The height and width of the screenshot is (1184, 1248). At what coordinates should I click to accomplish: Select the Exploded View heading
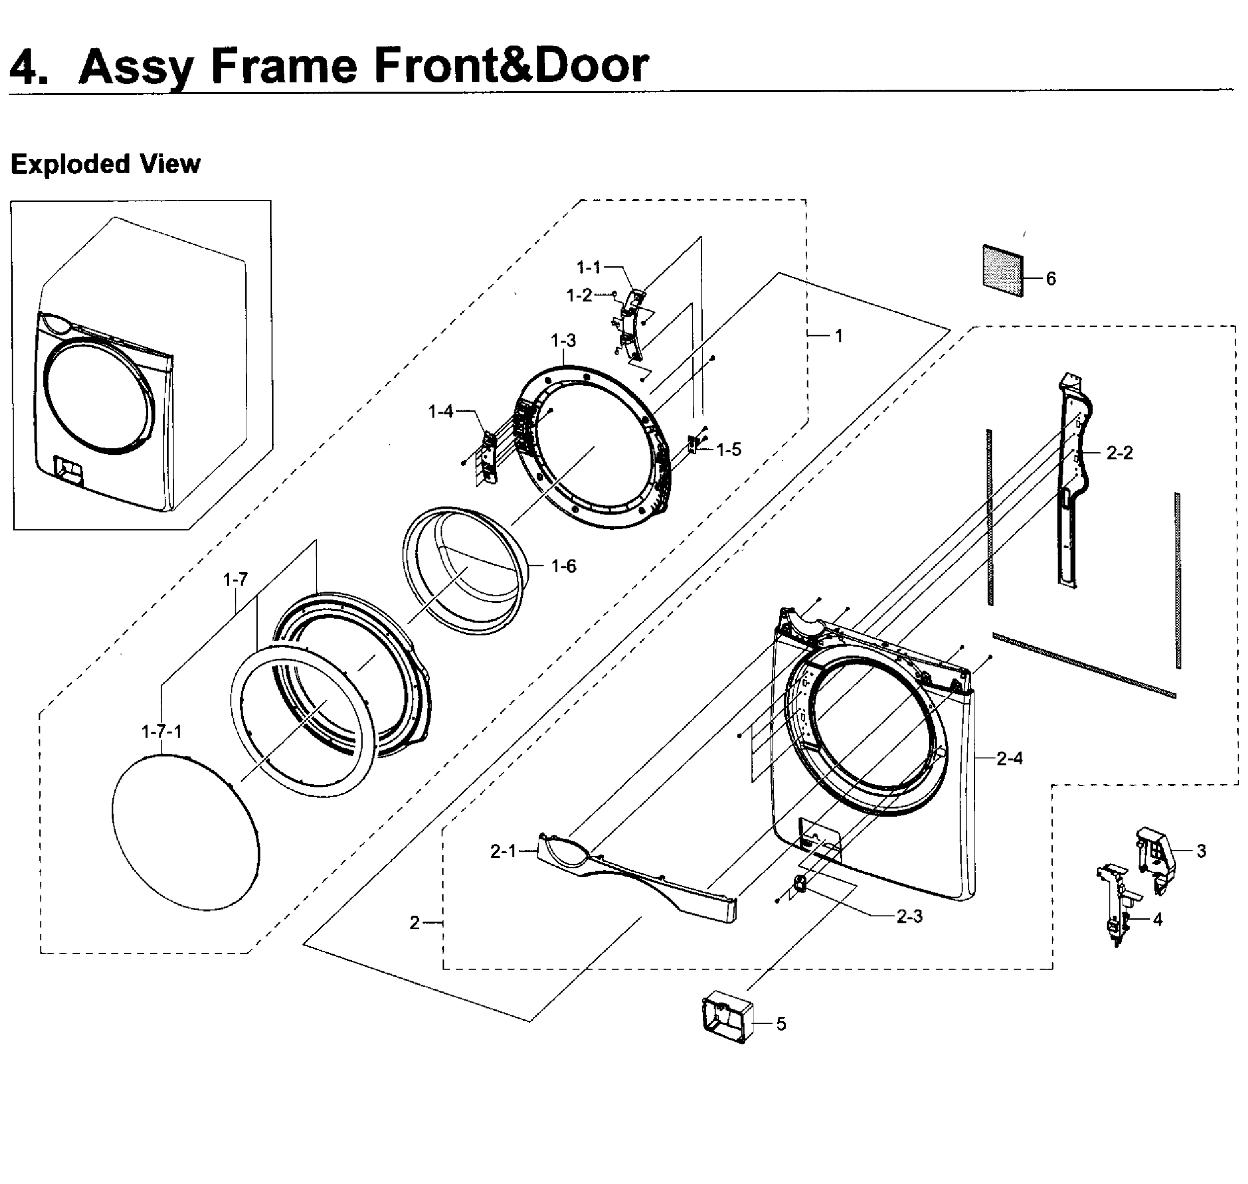pos(106,164)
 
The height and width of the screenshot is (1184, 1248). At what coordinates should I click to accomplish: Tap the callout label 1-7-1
pos(161,732)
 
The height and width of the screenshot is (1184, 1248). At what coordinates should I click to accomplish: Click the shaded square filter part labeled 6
pos(1002,271)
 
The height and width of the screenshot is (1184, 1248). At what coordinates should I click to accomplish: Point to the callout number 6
pos(1051,278)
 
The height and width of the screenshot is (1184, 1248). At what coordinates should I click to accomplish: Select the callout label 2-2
pos(1119,452)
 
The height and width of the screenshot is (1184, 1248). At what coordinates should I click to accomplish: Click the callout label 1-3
pos(563,341)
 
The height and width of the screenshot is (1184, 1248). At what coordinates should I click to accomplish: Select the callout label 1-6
pos(563,566)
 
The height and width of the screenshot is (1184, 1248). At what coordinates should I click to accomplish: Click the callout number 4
pos(1157,920)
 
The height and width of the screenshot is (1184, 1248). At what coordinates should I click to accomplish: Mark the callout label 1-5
pos(729,449)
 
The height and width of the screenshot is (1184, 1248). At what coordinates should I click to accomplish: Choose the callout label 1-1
pos(588,267)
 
